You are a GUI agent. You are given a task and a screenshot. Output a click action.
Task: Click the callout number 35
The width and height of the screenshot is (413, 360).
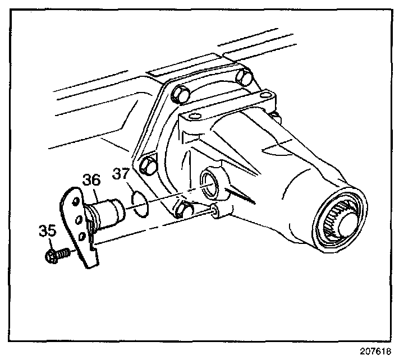click(x=48, y=230)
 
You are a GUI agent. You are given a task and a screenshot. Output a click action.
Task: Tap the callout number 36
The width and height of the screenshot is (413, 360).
click(x=91, y=180)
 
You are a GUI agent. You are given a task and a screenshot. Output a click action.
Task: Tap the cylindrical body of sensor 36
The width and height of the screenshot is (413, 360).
click(x=110, y=211)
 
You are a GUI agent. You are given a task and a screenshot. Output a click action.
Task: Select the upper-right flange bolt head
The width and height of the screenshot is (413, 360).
click(x=243, y=78)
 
